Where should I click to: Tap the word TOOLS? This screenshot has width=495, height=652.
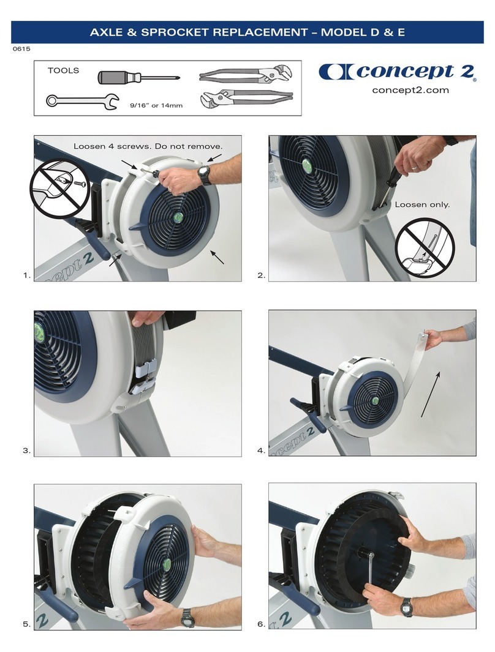(63, 70)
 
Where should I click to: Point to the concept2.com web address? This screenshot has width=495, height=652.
(410, 90)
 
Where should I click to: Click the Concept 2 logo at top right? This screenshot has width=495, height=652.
(397, 72)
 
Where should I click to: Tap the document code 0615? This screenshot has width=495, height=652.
(21, 49)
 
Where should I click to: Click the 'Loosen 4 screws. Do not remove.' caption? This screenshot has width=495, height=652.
(147, 147)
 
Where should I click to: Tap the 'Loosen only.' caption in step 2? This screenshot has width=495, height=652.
(422, 204)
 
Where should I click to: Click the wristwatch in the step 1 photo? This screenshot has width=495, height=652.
(205, 176)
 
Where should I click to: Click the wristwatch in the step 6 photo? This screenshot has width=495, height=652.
(405, 607)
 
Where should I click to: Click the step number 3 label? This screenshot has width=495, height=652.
(26, 451)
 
